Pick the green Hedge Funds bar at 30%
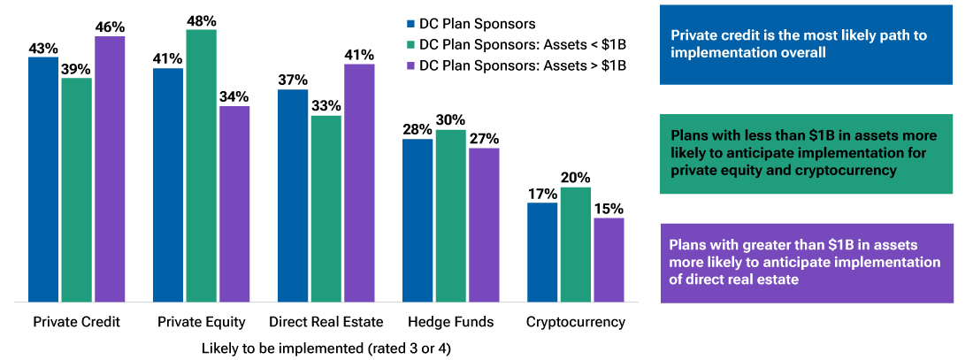pyautogui.click(x=451, y=217)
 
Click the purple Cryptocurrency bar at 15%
pyautogui.click(x=609, y=261)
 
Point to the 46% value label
pyautogui.click(x=110, y=27)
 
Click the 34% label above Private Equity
pyautogui.click(x=234, y=96)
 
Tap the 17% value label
pyautogui.click(x=542, y=193)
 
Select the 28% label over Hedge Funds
pyautogui.click(x=418, y=129)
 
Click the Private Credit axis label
pyautogui.click(x=76, y=321)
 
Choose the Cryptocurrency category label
pyautogui.click(x=576, y=321)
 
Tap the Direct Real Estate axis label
pyautogui.click(x=326, y=321)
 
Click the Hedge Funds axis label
pyautogui.click(x=450, y=321)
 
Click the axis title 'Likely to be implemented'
pyautogui.click(x=326, y=348)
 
